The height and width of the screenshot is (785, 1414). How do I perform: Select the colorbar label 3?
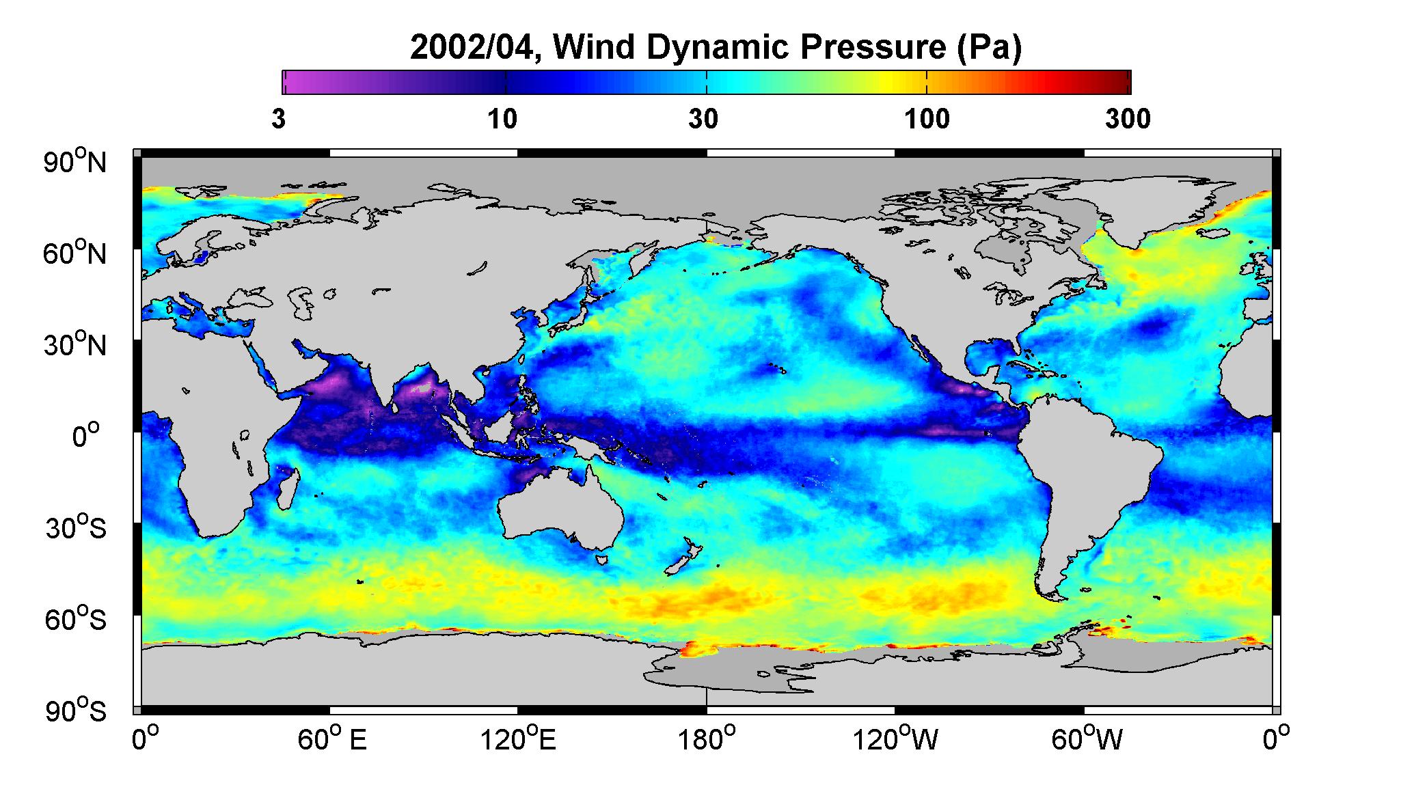(278, 119)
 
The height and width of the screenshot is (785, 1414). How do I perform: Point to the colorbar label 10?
(502, 119)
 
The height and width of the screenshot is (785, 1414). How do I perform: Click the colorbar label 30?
(703, 119)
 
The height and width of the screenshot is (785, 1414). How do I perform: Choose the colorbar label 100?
(927, 119)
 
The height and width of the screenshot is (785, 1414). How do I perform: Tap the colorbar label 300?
(1128, 119)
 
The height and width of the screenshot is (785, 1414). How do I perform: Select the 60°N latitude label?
(76, 253)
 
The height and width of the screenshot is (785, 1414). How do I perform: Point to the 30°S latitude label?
(76, 528)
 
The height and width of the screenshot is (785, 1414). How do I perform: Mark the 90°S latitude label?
(76, 711)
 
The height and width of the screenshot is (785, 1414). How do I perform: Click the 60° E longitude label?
(332, 739)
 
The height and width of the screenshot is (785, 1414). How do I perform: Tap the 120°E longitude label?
(518, 739)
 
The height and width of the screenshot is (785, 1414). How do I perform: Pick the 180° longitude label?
(706, 739)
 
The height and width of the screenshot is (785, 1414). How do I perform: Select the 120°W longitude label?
(895, 739)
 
